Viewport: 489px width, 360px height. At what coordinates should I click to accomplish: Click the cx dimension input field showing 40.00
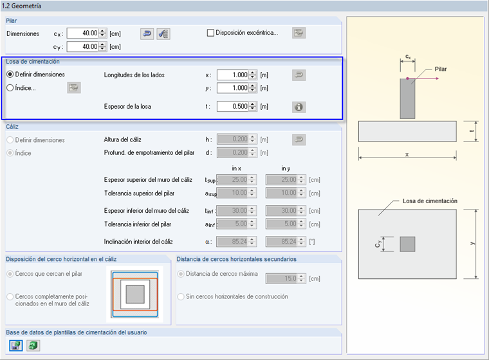(83, 33)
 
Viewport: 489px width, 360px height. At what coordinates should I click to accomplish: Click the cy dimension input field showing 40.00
(83, 46)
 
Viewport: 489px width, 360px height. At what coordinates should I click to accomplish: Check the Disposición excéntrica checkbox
(210, 33)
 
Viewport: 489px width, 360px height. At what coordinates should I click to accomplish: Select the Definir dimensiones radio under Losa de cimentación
(10, 75)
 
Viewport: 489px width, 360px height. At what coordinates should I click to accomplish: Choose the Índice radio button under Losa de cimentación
(10, 88)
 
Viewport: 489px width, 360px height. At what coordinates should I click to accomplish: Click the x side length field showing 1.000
(232, 75)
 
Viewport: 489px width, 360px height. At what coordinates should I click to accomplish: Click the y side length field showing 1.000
(232, 88)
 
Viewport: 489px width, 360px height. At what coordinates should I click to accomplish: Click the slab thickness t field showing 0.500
(232, 107)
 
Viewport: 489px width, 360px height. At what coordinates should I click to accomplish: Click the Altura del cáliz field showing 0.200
(232, 139)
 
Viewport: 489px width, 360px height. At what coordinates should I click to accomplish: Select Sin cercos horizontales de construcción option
(181, 296)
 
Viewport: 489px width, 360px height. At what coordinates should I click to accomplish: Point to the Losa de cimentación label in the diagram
(430, 201)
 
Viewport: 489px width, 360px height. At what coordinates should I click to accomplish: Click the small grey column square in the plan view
(407, 244)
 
